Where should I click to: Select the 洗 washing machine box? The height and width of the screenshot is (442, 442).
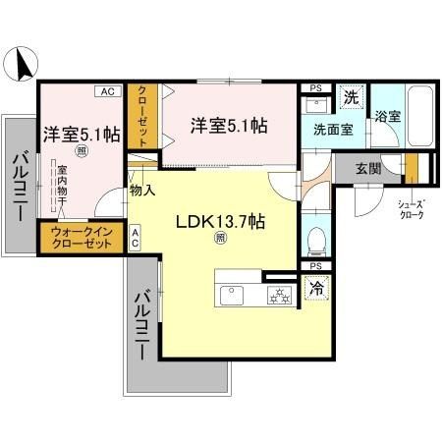351,97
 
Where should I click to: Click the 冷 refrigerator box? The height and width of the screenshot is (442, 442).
316,291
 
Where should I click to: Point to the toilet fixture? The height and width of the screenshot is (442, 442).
317,240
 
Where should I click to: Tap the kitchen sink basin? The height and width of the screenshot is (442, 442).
234,294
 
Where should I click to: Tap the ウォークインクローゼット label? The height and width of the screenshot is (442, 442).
81,236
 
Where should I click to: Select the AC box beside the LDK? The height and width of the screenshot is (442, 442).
135,237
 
